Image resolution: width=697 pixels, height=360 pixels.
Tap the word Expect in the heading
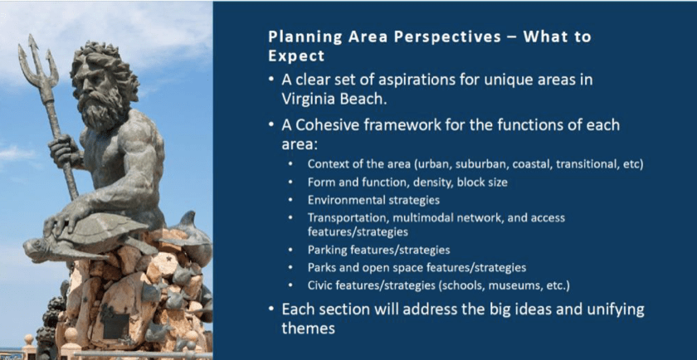296,56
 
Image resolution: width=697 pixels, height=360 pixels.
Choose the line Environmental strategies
373,201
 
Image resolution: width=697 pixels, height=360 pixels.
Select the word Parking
327,251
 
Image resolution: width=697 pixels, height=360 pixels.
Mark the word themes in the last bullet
309,328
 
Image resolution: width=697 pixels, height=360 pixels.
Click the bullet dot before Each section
271,309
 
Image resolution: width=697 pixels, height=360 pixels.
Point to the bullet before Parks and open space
290,268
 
